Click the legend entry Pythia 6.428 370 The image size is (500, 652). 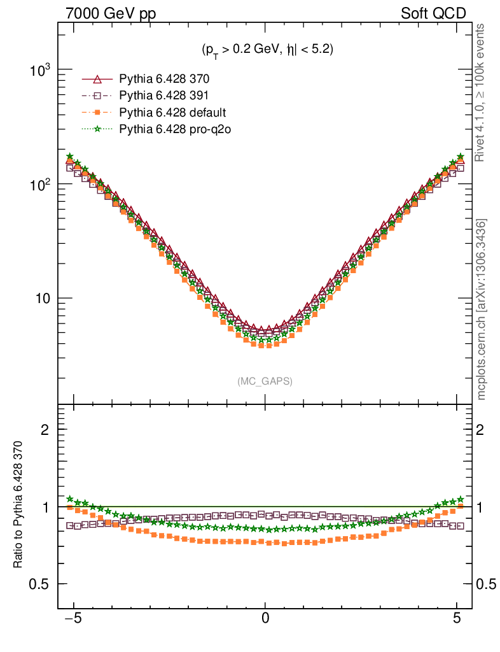(x=164, y=80)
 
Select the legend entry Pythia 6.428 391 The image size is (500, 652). (x=164, y=96)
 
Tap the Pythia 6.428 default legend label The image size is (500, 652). (x=172, y=113)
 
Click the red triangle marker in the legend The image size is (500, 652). (x=97, y=80)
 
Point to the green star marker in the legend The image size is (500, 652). (x=97, y=129)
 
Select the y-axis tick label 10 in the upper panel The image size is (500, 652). (x=43, y=299)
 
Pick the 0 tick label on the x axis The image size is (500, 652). (x=265, y=617)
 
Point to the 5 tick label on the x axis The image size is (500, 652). (x=457, y=617)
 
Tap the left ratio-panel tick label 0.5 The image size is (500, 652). (x=40, y=584)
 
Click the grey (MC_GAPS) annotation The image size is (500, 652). (x=265, y=381)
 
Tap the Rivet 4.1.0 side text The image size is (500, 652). (x=482, y=93)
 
